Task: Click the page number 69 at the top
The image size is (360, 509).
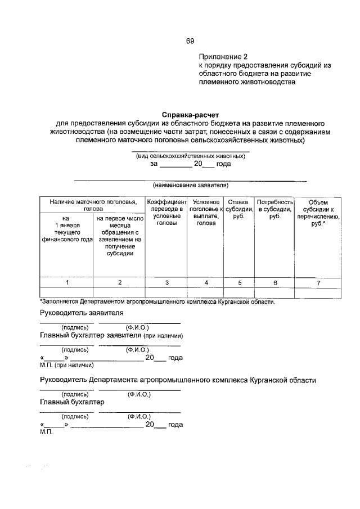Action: [190, 41]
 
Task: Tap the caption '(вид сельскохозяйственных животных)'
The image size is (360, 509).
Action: [190, 155]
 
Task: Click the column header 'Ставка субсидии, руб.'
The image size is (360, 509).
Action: [238, 209]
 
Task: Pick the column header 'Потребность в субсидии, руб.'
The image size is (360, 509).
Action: [275, 209]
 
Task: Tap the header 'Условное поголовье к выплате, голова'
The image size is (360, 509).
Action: [205, 212]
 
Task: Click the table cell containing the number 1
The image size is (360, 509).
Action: [67, 283]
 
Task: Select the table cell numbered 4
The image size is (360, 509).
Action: [206, 283]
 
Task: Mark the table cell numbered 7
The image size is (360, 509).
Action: [318, 283]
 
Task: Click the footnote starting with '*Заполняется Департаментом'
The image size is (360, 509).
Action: [157, 301]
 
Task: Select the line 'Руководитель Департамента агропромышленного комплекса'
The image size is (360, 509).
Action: [178, 380]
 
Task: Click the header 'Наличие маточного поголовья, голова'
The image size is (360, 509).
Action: [93, 205]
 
